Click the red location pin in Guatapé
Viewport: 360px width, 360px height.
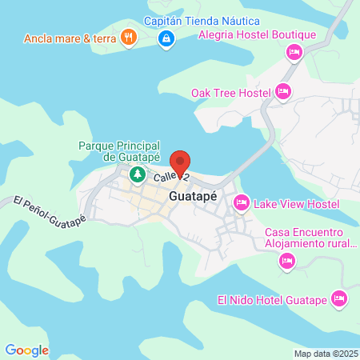point(182,163)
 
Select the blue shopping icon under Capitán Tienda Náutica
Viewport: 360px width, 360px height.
point(166,38)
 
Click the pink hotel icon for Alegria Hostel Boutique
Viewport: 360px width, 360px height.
point(294,52)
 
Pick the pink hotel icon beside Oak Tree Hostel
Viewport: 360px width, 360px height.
point(282,93)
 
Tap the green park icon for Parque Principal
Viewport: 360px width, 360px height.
point(137,174)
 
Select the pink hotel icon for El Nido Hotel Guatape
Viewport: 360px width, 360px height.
point(340,299)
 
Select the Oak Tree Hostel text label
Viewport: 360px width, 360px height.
point(231,93)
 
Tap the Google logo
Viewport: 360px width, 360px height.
point(26,350)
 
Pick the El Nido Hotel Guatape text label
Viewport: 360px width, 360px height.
point(272,300)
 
